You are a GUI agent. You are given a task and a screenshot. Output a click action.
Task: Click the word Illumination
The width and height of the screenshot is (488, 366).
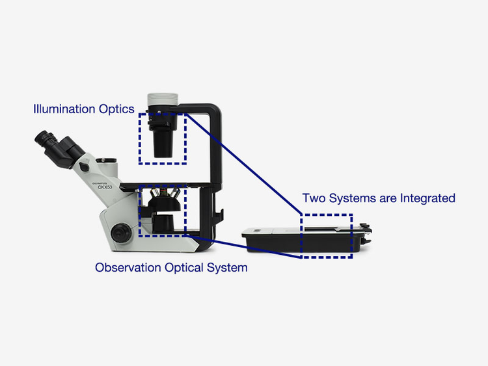pos(64,109)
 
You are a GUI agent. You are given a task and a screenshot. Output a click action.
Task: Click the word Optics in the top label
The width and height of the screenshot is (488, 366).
pos(115,109)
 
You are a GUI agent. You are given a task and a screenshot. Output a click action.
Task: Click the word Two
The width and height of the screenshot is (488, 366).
pos(313,198)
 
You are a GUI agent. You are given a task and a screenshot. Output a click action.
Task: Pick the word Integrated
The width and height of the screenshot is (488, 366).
pos(426,198)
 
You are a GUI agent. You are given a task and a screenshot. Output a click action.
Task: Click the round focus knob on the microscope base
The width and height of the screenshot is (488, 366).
pos(120,232)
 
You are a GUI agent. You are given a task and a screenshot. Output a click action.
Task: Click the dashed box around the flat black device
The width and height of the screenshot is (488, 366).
pos(326,236)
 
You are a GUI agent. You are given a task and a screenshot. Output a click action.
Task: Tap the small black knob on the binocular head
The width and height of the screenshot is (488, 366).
pos(84,167)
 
